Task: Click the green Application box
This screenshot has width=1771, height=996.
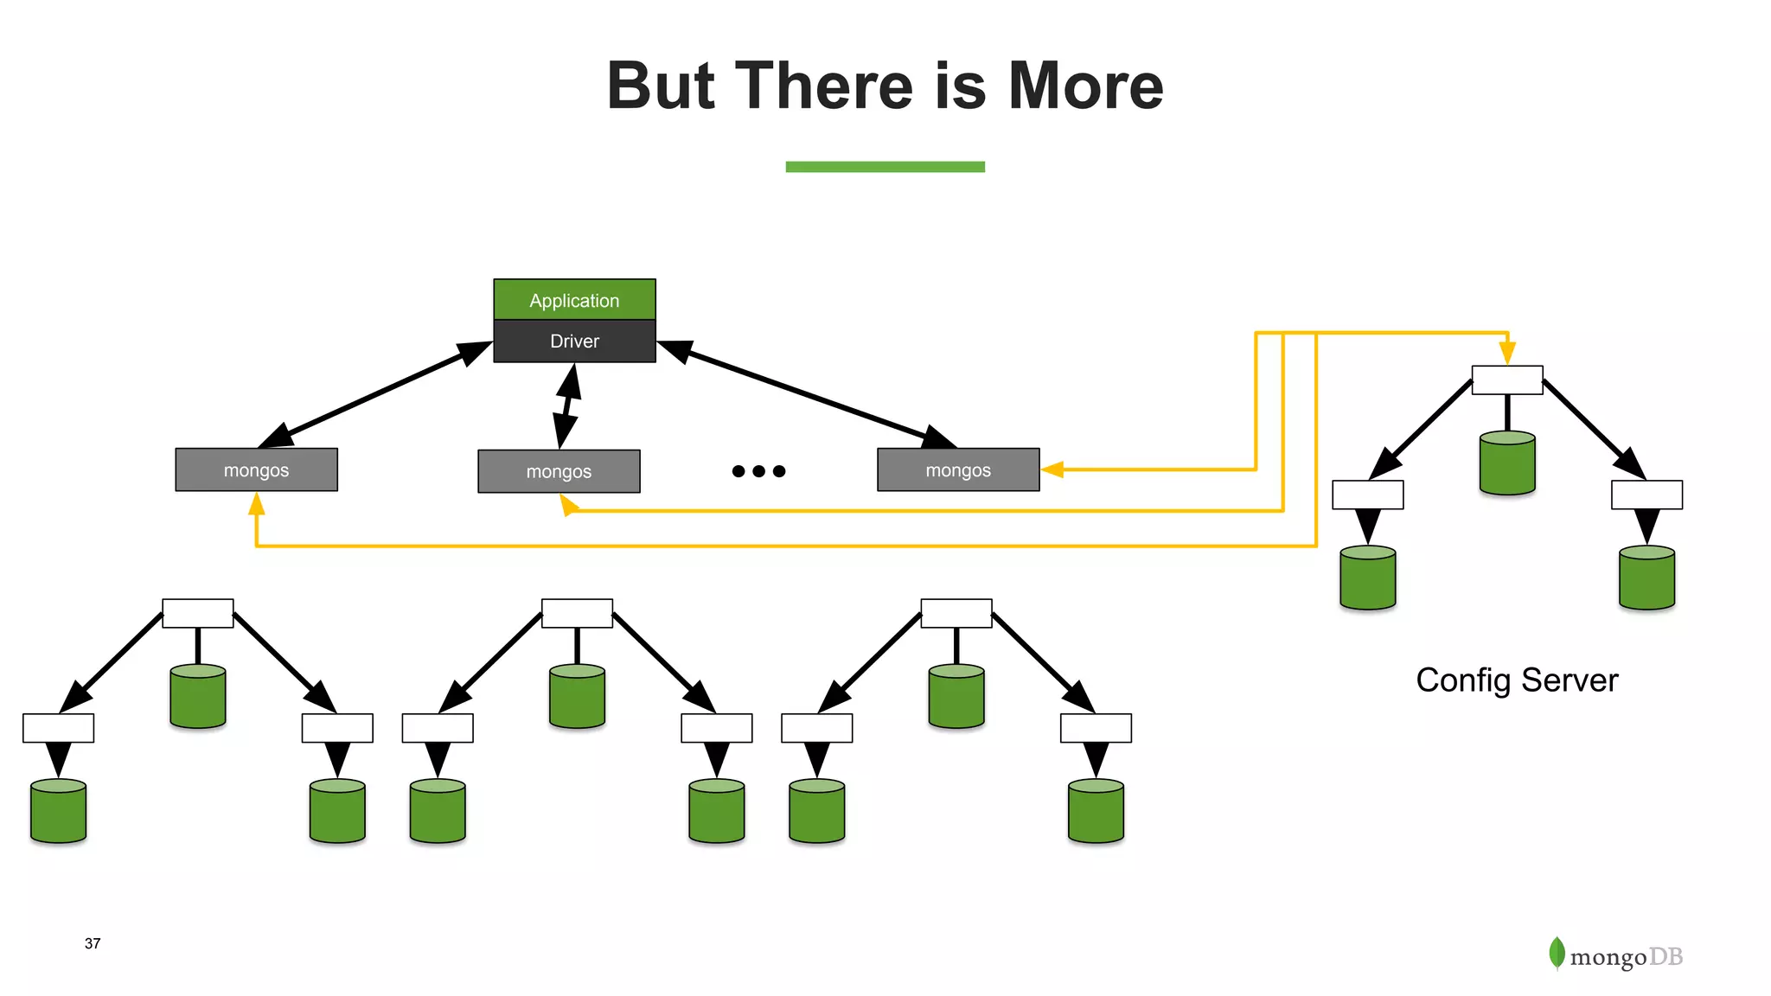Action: click(x=574, y=299)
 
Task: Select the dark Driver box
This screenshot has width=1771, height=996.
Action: click(x=574, y=341)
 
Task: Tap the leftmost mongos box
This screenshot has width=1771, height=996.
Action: click(x=256, y=469)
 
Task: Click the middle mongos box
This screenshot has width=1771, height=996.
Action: click(x=559, y=471)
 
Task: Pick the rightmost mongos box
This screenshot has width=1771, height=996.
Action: click(x=958, y=469)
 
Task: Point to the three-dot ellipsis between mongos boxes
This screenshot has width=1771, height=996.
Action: click(x=758, y=471)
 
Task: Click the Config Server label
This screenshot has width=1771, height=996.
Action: click(x=1517, y=680)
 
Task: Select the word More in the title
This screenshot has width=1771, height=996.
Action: click(x=1086, y=86)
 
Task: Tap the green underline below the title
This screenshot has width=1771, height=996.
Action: click(x=885, y=166)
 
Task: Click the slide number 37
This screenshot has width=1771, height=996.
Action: click(x=93, y=943)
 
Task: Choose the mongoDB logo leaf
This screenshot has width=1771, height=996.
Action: click(x=1557, y=953)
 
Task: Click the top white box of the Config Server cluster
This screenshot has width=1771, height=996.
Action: click(x=1507, y=380)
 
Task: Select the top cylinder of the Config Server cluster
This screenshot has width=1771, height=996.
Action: click(x=1507, y=463)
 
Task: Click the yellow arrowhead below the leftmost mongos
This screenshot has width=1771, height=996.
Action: click(x=256, y=504)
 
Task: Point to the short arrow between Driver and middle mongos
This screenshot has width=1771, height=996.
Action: click(x=567, y=405)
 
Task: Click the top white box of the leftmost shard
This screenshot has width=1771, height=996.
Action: click(x=198, y=613)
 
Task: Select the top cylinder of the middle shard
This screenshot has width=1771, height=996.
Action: click(x=577, y=695)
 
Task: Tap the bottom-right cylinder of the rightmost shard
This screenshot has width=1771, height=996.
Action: click(x=1096, y=810)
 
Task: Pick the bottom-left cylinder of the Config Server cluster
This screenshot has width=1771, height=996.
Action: click(x=1367, y=578)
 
